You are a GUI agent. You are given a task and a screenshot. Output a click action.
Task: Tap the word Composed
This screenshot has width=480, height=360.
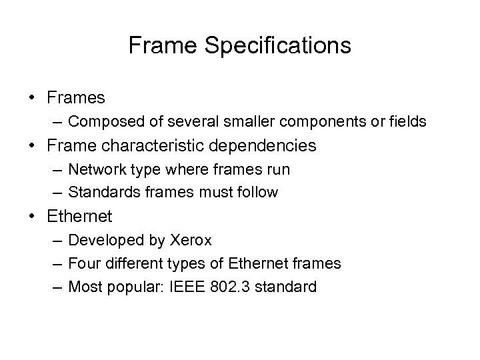100,121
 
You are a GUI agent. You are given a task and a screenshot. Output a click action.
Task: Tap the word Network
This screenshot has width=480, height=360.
95,169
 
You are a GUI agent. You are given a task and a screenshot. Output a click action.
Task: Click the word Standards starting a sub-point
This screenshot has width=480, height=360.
101,193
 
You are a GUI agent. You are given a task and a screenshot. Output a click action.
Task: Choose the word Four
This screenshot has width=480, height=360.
83,264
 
